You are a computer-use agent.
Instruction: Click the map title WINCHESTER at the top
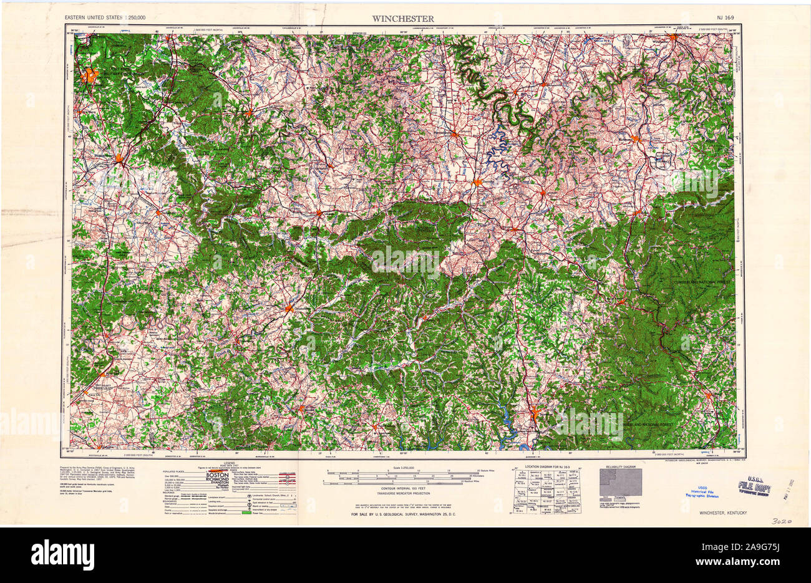404,18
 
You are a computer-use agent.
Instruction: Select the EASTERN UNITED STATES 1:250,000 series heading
105,19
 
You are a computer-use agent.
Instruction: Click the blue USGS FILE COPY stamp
754,487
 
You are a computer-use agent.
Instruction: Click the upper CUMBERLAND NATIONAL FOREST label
701,284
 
